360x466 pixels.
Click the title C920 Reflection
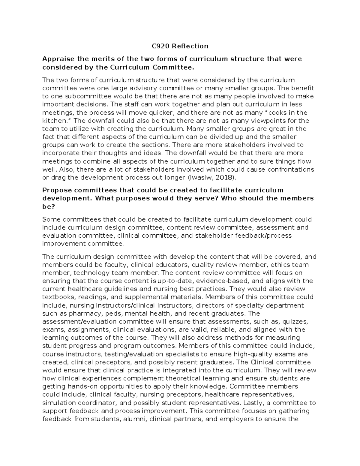pos(180,46)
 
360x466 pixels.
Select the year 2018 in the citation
pos(224,177)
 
